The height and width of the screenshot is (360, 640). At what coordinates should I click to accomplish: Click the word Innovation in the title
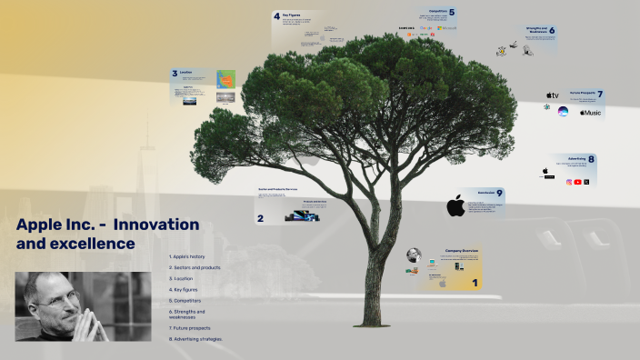point(162,224)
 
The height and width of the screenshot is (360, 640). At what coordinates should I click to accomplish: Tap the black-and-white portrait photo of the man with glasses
point(83,306)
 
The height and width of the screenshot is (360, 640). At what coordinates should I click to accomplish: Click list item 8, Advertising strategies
point(195,339)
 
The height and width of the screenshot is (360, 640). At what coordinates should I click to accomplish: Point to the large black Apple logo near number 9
point(455,206)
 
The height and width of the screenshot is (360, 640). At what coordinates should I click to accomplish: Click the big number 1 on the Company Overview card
point(474,284)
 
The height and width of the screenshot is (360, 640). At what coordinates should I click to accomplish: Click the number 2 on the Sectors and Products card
point(260,218)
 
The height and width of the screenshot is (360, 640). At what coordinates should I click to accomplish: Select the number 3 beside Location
point(175,74)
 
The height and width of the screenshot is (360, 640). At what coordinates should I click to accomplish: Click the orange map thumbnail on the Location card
point(225,78)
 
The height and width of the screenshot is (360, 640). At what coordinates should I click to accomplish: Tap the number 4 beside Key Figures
point(276,16)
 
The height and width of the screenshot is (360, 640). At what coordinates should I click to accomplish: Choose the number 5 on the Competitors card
point(452,13)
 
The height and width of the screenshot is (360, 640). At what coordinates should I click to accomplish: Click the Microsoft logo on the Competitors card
point(447,29)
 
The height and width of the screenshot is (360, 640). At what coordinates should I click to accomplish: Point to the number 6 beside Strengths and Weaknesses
point(552,31)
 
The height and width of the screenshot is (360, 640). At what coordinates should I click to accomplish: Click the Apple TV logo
point(552,95)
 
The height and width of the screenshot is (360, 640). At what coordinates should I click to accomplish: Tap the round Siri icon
point(563,112)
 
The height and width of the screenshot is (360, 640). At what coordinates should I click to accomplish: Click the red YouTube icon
point(578,182)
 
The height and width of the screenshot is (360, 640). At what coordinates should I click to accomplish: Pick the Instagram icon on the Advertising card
point(570,182)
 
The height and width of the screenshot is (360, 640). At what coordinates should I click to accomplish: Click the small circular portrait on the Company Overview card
point(414,255)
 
